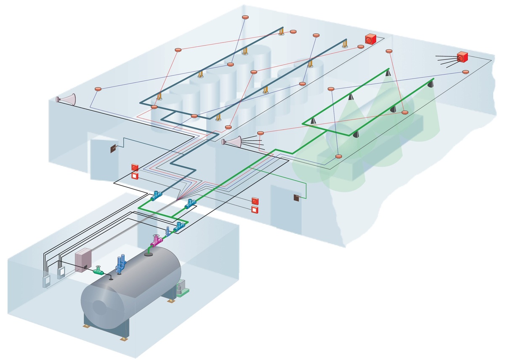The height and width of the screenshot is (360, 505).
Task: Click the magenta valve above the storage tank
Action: click(156, 241)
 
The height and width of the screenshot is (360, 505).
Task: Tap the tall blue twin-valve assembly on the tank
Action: click(122, 264)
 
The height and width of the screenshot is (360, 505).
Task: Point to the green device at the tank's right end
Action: click(182, 289)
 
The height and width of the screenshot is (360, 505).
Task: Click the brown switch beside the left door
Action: click(113, 148)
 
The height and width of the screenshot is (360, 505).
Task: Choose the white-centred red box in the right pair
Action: click(255, 210)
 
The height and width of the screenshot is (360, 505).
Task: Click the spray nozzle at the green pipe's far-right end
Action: click(431, 85)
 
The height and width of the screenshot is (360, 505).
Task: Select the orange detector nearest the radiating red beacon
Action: click(465, 72)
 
